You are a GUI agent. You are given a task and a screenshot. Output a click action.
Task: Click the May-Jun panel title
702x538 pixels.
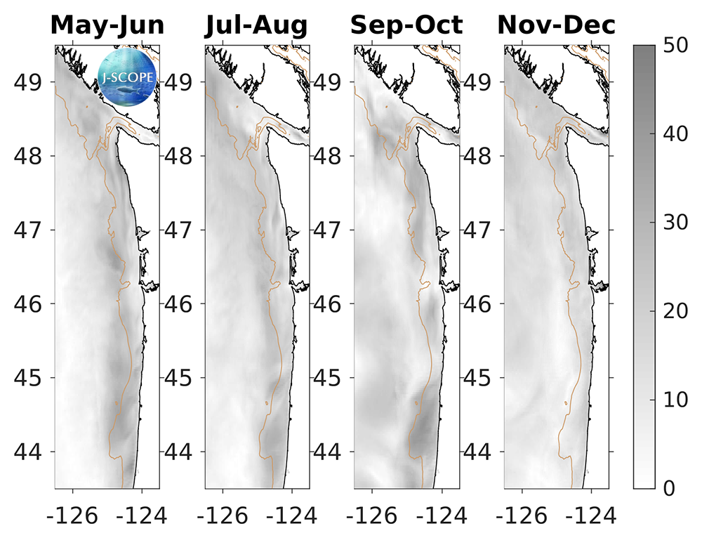107,26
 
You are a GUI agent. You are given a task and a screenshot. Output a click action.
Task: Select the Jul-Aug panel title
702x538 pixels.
257,26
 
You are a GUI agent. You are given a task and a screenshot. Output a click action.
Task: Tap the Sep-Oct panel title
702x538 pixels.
406,26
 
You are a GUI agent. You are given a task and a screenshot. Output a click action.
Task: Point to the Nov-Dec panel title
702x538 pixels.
556,26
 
